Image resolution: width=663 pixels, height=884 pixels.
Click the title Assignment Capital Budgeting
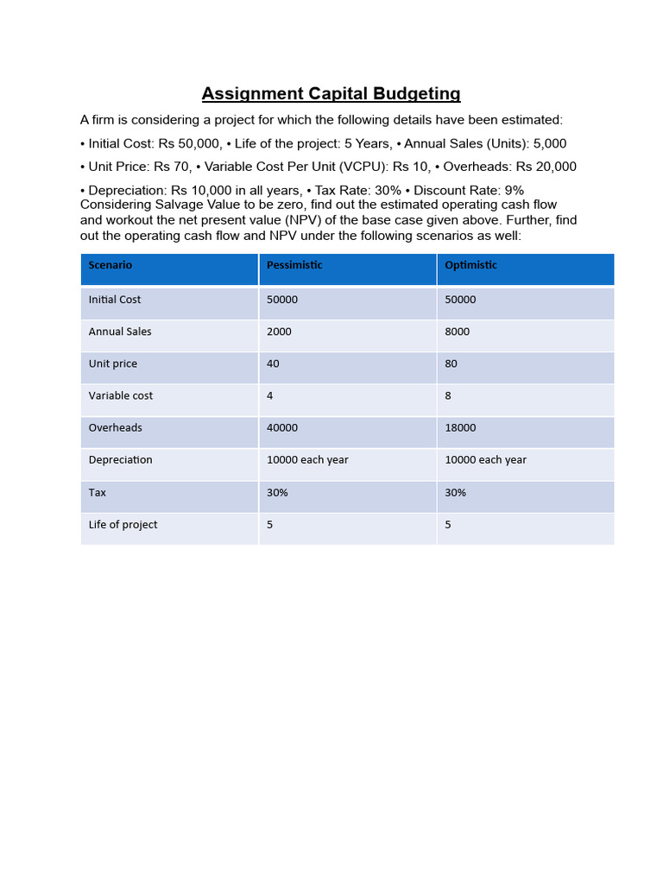pyautogui.click(x=331, y=94)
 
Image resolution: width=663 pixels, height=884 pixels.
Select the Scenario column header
pyautogui.click(x=110, y=266)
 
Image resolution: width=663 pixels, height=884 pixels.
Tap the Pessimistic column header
pyautogui.click(x=294, y=266)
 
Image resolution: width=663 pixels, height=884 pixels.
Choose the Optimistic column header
pyautogui.click(x=470, y=266)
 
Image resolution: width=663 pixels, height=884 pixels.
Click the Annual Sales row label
pyautogui.click(x=120, y=332)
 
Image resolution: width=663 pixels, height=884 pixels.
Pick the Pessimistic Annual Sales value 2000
pyautogui.click(x=279, y=332)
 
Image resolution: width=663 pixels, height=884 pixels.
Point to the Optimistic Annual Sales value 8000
pyautogui.click(x=457, y=332)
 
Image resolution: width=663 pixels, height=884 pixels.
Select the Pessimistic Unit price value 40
pyautogui.click(x=273, y=364)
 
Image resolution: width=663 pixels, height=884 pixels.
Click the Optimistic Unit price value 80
pyautogui.click(x=451, y=364)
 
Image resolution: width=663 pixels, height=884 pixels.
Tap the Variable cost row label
pyautogui.click(x=121, y=396)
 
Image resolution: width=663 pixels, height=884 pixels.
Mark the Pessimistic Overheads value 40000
pyautogui.click(x=282, y=428)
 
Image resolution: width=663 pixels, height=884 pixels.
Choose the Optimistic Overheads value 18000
pyautogui.click(x=460, y=428)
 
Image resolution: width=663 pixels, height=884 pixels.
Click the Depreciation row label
pyautogui.click(x=121, y=460)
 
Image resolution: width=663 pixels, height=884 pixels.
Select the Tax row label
pyautogui.click(x=98, y=493)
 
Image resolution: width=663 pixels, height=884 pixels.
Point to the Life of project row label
pyautogui.click(x=123, y=525)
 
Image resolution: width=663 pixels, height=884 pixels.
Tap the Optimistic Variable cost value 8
pyautogui.click(x=448, y=396)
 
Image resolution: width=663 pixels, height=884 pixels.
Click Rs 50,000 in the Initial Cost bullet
pyautogui.click(x=190, y=144)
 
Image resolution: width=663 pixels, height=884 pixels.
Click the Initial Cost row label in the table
pyautogui.click(x=115, y=300)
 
